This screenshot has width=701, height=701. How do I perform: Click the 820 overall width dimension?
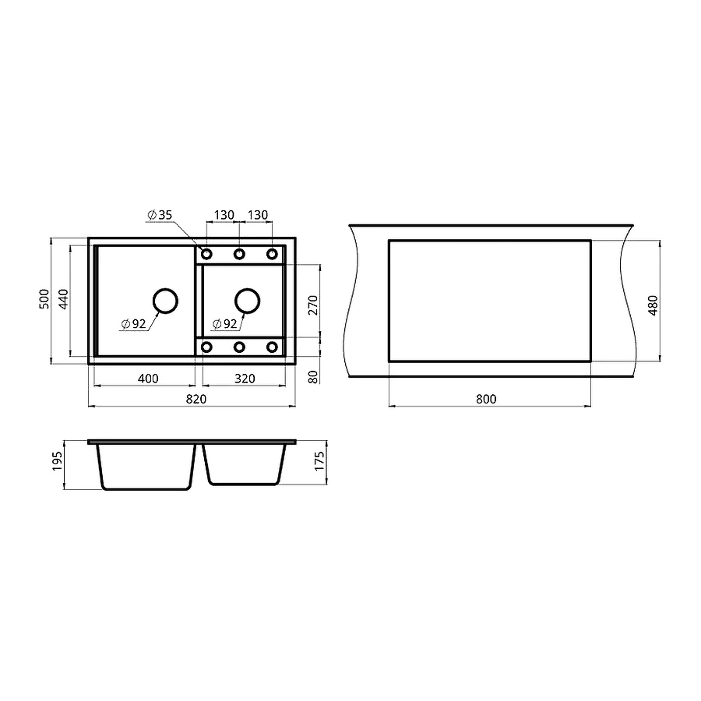[x=196, y=399]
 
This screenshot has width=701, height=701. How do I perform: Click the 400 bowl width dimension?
[x=148, y=379]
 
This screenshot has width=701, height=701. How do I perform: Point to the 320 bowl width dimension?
[x=244, y=379]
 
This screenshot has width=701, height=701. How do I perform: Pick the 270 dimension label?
[x=313, y=304]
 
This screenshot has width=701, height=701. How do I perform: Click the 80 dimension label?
[x=313, y=377]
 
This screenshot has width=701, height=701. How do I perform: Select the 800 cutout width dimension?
[x=485, y=399]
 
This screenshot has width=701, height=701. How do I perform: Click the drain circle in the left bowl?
[x=164, y=301]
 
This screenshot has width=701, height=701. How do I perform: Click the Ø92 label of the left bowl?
[x=134, y=325]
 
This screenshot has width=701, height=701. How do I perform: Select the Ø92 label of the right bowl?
[x=224, y=324]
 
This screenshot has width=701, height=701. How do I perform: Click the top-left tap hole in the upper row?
[x=207, y=254]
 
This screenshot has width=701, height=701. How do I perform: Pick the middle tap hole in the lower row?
[x=239, y=347]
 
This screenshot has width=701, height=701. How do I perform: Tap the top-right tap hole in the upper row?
[x=272, y=254]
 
